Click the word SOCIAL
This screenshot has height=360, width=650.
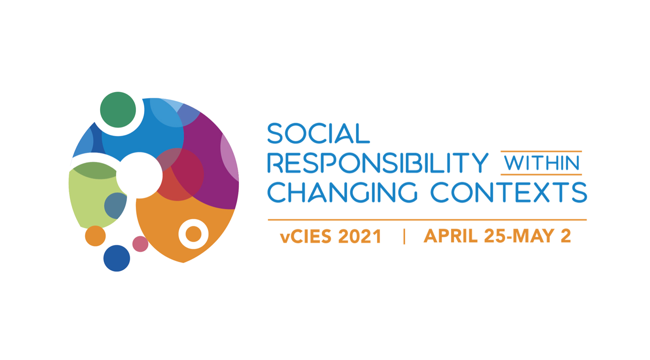point(318,133)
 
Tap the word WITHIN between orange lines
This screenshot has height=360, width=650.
point(541,163)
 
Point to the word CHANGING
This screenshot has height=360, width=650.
point(342,192)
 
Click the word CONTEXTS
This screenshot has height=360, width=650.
point(509,192)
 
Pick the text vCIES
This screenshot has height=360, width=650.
point(306,236)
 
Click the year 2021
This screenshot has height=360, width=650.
point(360,236)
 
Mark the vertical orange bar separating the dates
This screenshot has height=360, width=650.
point(404,236)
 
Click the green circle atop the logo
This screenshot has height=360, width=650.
point(118,110)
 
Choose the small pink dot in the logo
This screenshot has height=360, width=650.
point(140,244)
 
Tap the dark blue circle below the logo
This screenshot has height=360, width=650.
point(117,258)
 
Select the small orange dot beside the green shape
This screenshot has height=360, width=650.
point(95,236)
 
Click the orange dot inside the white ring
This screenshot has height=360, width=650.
point(194,234)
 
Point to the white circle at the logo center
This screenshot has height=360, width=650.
point(139,175)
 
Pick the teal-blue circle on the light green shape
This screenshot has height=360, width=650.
point(115,206)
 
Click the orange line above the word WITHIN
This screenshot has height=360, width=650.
point(541,151)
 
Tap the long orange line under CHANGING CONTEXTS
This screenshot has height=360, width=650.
point(427,220)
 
